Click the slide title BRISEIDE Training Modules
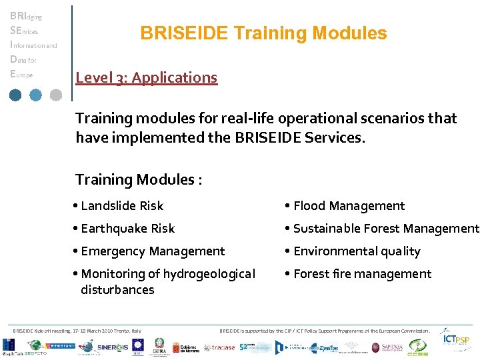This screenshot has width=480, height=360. pos(263,33)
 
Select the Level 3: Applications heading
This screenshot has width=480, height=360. pos(146,77)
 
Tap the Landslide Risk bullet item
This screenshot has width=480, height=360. pos(121,206)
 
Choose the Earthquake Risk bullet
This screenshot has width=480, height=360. pos(127,229)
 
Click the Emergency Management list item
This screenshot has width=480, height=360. pos(152,251)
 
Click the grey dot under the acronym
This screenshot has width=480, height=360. pos(55,95)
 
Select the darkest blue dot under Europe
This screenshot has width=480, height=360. pos(15,95)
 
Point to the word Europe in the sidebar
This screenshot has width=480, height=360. pos(21,75)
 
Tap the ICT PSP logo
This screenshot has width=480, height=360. pos(457,341)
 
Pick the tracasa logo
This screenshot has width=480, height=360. pos(219,347)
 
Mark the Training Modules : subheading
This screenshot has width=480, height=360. pos(139,179)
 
